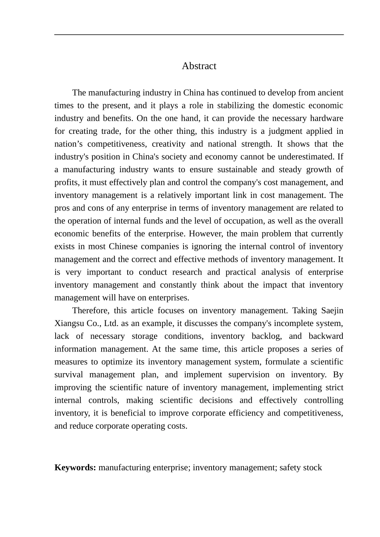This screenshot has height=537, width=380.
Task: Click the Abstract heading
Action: (199, 66)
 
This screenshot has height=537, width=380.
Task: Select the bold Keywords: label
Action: (75, 467)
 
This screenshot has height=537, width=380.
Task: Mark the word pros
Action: (62, 208)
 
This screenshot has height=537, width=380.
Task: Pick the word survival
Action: (68, 374)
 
